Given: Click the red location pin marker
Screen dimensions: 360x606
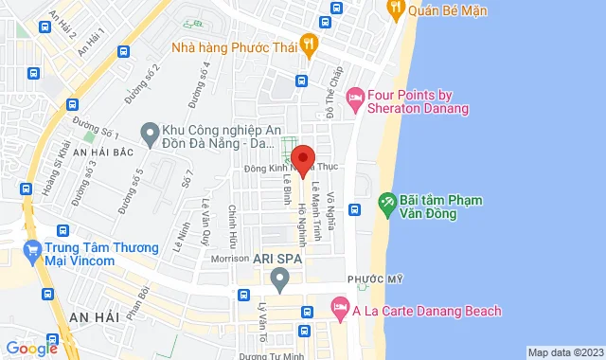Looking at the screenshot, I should [x=303, y=159].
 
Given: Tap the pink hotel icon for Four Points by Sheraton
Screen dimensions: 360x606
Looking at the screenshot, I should [x=356, y=97].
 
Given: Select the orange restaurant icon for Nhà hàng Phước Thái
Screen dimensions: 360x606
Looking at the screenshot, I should [x=309, y=45].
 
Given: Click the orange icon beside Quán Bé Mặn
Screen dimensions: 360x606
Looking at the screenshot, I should [x=396, y=9].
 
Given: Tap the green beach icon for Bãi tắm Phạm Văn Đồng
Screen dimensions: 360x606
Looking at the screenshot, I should [x=386, y=204].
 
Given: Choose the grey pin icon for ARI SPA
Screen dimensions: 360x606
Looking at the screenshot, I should [x=279, y=279].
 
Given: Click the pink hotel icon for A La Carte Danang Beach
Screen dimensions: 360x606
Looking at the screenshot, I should [x=339, y=309].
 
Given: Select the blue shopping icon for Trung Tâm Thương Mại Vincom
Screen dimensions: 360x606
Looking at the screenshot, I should [x=31, y=253].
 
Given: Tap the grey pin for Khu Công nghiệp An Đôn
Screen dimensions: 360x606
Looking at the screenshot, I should [x=149, y=135].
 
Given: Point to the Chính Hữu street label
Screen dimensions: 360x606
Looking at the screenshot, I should [x=233, y=225].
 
